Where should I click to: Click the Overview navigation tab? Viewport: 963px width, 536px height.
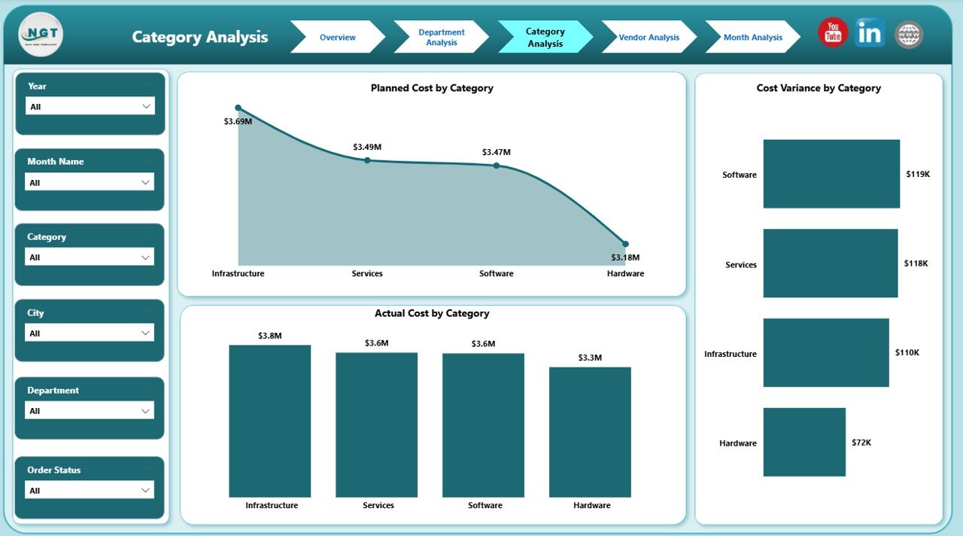(337, 37)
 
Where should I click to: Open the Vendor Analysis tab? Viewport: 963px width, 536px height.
(649, 37)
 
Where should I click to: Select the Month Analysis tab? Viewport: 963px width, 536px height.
(752, 37)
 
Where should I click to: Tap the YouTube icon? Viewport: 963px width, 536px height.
(833, 33)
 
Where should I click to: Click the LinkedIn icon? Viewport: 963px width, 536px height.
(870, 33)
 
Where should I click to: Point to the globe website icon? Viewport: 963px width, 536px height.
(909, 35)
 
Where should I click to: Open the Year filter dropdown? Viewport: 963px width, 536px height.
(90, 106)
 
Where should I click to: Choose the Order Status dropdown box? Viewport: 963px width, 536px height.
(90, 490)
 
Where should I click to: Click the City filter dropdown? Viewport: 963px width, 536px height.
(90, 333)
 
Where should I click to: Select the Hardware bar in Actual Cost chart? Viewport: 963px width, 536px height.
(590, 432)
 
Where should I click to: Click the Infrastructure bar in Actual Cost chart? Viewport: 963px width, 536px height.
(269, 421)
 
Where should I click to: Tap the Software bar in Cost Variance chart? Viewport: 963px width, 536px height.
(831, 174)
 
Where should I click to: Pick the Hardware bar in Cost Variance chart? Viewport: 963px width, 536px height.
(804, 442)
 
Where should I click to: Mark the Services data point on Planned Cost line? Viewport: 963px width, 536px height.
(367, 160)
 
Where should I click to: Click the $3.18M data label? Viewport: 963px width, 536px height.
(624, 257)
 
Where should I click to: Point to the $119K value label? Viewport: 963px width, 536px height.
(919, 174)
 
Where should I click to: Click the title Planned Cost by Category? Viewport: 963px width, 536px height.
(432, 88)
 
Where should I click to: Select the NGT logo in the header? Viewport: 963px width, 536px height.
(41, 35)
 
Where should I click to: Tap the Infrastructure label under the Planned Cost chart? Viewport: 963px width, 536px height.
(238, 273)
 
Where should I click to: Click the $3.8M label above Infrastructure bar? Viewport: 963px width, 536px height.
(269, 336)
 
